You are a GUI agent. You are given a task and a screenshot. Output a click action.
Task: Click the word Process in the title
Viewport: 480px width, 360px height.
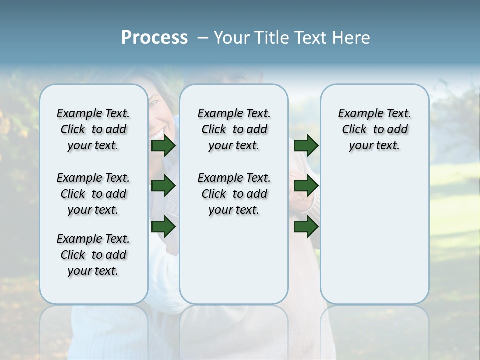tap(154, 37)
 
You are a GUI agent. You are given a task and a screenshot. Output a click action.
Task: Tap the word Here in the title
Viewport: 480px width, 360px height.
tap(352, 38)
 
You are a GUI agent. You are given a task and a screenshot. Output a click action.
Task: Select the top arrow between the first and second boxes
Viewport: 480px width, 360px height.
tap(163, 146)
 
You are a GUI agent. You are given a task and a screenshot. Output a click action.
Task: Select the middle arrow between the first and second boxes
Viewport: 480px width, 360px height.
tap(163, 186)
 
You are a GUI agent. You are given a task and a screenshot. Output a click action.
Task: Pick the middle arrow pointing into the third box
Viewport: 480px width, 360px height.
tap(306, 186)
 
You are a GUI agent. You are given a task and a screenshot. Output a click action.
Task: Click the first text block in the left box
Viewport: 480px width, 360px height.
tap(93, 129)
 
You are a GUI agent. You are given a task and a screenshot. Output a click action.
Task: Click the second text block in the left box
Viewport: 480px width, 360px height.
tap(93, 194)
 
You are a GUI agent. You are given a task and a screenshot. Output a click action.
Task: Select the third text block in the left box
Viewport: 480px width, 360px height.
tap(93, 255)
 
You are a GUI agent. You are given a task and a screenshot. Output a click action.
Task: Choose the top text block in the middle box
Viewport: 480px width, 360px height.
tap(234, 129)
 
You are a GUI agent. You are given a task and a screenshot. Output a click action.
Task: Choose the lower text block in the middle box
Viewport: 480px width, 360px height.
tap(234, 194)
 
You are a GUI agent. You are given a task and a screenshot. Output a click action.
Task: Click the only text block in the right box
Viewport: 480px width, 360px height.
tap(374, 129)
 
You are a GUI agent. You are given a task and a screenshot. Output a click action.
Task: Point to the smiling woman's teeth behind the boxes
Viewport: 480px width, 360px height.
tap(158, 134)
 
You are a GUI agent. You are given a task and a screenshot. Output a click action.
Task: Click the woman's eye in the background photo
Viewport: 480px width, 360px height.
tap(154, 102)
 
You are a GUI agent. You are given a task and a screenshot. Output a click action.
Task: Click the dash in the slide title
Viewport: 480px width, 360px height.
tap(203, 38)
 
